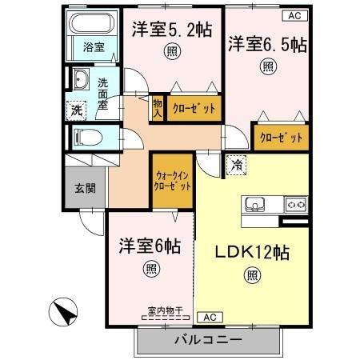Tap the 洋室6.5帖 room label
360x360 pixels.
click(266, 43)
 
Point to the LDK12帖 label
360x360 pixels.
click(251, 250)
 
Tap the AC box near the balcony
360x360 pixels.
click(209, 316)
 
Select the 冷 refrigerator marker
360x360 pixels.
click(237, 166)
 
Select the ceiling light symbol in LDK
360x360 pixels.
click(251, 277)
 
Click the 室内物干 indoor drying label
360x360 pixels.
click(163, 309)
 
